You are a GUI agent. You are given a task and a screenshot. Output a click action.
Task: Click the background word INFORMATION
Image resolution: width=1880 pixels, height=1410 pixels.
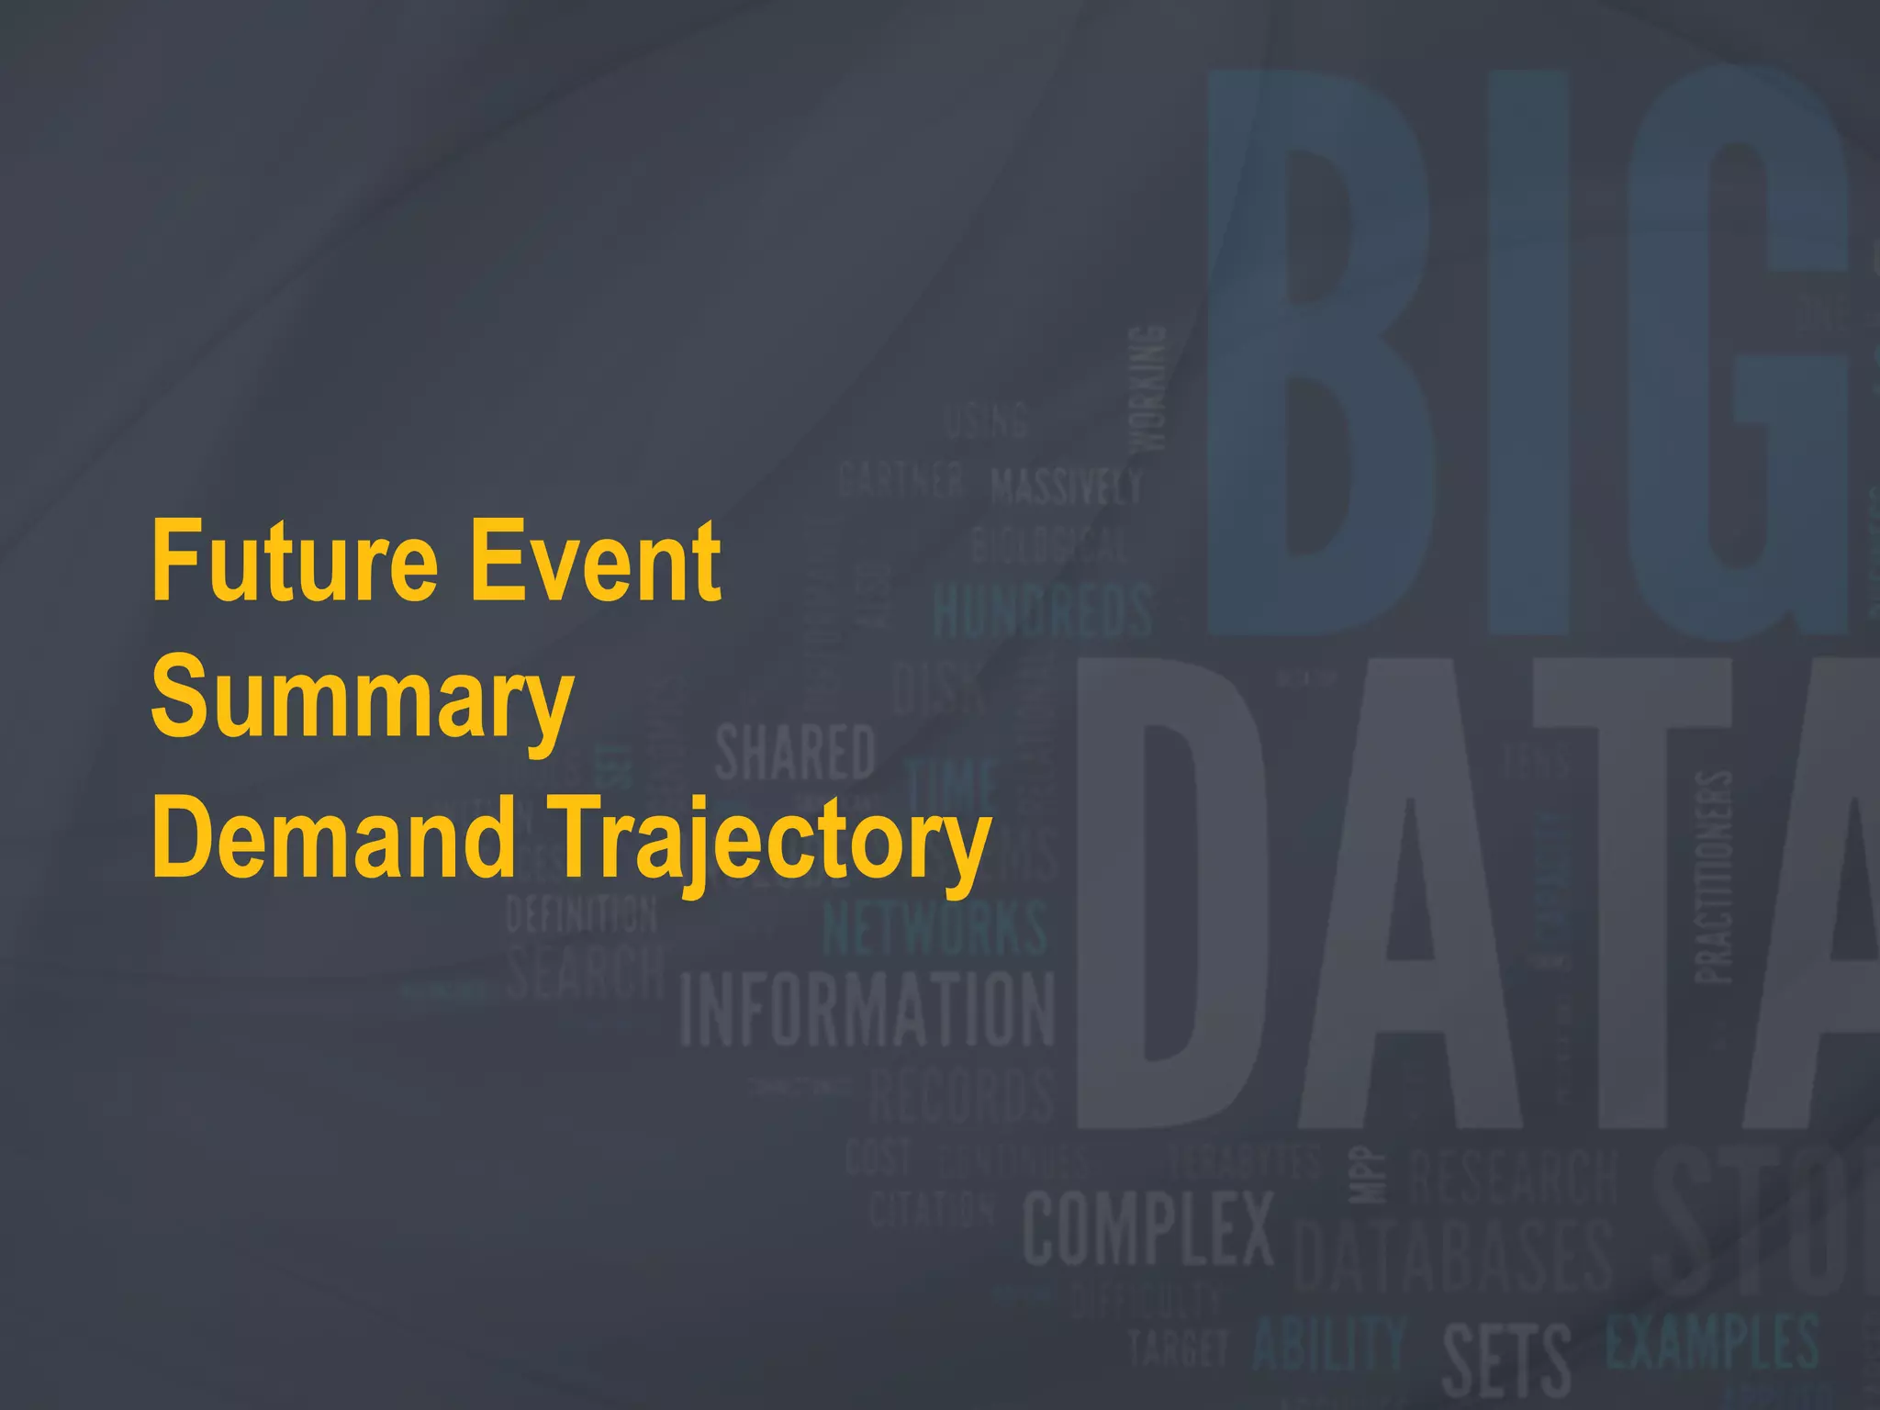867,1010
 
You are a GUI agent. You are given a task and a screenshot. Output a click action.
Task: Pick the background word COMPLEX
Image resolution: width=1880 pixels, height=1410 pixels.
1148,1228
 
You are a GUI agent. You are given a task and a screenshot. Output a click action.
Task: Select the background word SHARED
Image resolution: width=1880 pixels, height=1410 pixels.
795,753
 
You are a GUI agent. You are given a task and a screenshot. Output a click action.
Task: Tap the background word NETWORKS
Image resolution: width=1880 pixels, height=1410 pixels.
934,927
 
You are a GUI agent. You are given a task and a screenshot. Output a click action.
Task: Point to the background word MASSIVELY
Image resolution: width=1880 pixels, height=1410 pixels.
1067,486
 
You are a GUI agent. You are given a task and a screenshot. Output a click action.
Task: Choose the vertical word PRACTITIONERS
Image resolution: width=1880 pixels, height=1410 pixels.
1713,877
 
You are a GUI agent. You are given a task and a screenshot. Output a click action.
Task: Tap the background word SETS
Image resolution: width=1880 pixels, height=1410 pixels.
1505,1360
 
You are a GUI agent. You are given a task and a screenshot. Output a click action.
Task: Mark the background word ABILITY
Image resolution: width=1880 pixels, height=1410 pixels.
1329,1345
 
